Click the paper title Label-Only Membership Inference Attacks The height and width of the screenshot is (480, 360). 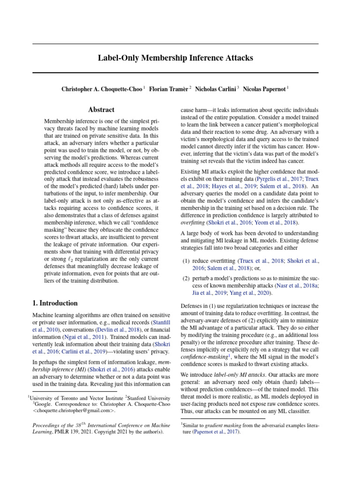[175, 58]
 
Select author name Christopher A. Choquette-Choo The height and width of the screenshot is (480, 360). [102, 89]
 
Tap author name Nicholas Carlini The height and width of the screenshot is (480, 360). [216, 89]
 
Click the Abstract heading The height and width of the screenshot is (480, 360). [101, 110]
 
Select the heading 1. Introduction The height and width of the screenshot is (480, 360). [55, 303]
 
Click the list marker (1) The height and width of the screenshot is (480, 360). [186, 261]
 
